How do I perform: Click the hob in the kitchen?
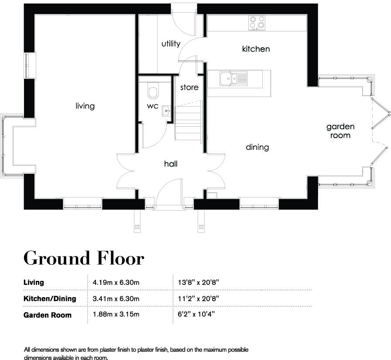tap(257, 23)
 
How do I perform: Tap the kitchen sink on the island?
tap(233, 79)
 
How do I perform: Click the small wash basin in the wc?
tap(166, 111)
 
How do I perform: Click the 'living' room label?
tap(85, 106)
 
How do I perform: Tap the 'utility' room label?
tap(171, 44)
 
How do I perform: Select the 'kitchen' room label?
tap(256, 49)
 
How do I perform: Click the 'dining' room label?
tap(257, 147)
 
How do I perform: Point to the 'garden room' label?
tap(340, 131)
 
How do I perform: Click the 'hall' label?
tap(171, 164)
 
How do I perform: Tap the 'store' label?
tap(189, 87)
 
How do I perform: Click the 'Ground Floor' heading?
tap(83, 258)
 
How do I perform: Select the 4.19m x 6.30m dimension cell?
tap(116, 282)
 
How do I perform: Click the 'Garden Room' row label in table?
tap(47, 315)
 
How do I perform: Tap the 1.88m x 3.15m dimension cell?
tap(116, 315)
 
